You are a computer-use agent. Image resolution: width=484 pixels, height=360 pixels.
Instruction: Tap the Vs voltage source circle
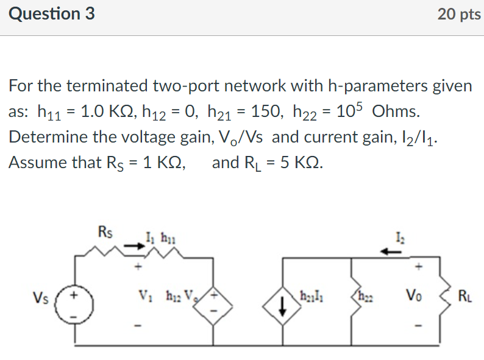pyautogui.click(x=75, y=300)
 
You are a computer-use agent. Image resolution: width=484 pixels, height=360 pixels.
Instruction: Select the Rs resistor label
pyautogui.click(x=104, y=232)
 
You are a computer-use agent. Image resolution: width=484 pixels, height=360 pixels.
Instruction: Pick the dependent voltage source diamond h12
pyautogui.click(x=213, y=300)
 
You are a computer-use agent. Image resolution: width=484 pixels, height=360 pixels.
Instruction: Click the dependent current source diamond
pyautogui.click(x=283, y=300)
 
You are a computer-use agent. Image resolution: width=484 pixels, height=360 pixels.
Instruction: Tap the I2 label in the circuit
pyautogui.click(x=400, y=236)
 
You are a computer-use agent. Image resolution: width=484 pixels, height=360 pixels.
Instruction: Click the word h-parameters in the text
pyautogui.click(x=377, y=86)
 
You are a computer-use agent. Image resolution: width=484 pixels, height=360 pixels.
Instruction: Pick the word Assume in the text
pyautogui.click(x=37, y=163)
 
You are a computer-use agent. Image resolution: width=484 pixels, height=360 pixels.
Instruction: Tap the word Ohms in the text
pyautogui.click(x=395, y=111)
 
